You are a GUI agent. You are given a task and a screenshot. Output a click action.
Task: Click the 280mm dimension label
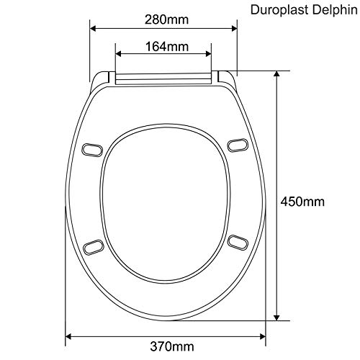point(166,19)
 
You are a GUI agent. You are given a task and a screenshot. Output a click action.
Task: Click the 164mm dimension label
point(167,47)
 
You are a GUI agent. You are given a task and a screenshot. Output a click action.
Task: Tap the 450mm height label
point(302,202)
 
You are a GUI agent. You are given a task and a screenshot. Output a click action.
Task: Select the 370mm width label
point(172,346)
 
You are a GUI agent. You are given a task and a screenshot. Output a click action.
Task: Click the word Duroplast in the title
point(279,10)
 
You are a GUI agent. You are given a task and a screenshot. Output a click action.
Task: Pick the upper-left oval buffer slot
point(92,150)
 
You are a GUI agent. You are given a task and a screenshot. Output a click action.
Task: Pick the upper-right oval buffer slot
point(238,145)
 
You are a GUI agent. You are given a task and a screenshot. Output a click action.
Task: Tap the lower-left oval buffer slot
point(94,246)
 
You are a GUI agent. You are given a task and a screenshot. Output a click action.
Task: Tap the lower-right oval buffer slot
point(238,243)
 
